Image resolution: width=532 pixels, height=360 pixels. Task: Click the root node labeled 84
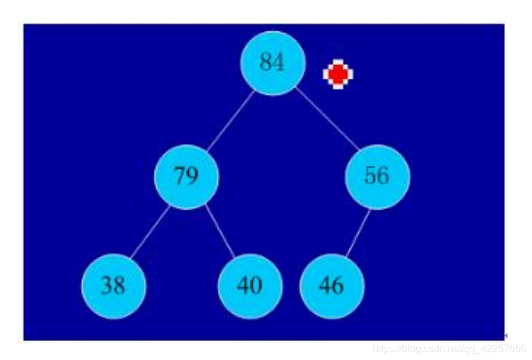tap(273, 63)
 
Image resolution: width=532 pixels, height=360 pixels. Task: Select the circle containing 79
tap(186, 176)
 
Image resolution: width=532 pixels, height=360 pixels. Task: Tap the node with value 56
tap(376, 176)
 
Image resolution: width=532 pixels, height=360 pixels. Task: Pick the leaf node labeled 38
tap(113, 286)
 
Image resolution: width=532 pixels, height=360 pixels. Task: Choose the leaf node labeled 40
tap(250, 286)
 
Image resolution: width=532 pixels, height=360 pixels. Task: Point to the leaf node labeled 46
tap(332, 286)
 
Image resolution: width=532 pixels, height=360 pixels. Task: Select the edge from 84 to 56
tap(327, 120)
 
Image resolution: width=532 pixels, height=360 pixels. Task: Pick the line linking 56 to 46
tap(357, 233)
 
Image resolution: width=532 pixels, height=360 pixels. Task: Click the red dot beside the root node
tap(338, 74)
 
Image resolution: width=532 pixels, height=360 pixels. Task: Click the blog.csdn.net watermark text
tap(448, 349)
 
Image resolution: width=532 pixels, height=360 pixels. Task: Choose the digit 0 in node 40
tap(256, 286)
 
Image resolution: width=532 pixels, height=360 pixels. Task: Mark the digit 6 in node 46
tap(338, 286)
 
